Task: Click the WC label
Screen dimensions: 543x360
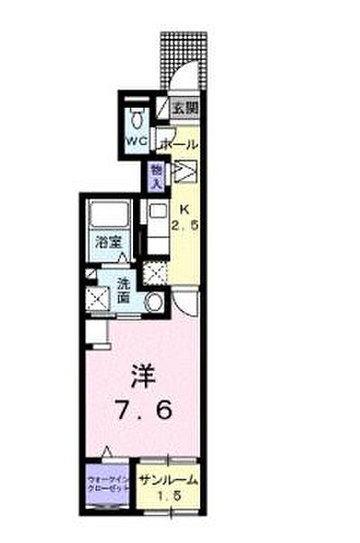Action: pyautogui.click(x=137, y=141)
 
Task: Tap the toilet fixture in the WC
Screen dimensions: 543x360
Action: pyautogui.click(x=137, y=118)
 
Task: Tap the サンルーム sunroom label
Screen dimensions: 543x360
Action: pyautogui.click(x=168, y=481)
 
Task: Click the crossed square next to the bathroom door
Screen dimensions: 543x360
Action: pyautogui.click(x=156, y=271)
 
